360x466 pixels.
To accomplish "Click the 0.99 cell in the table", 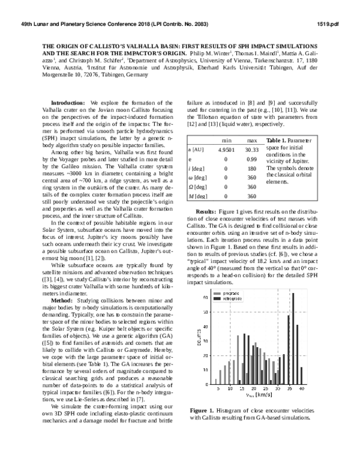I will (x=253, y=159).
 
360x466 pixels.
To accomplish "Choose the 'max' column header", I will (x=252, y=139).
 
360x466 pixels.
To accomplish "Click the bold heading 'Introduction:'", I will (x=68, y=103).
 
